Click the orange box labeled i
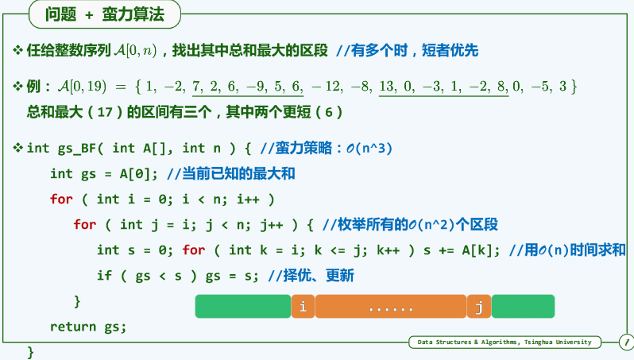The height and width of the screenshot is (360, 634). pyautogui.click(x=303, y=306)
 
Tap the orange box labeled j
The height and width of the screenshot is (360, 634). pyautogui.click(x=479, y=306)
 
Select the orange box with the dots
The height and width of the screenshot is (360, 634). pyautogui.click(x=391, y=306)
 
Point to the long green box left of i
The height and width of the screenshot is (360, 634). pyautogui.click(x=242, y=306)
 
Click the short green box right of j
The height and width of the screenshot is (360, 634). pyautogui.click(x=523, y=306)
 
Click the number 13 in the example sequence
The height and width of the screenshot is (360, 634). pyautogui.click(x=389, y=85)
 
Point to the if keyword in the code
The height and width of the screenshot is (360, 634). pyautogui.click(x=105, y=276)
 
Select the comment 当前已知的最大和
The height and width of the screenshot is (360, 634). pyautogui.click(x=239, y=173)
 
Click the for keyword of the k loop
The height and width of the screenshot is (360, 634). pyautogui.click(x=194, y=250)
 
